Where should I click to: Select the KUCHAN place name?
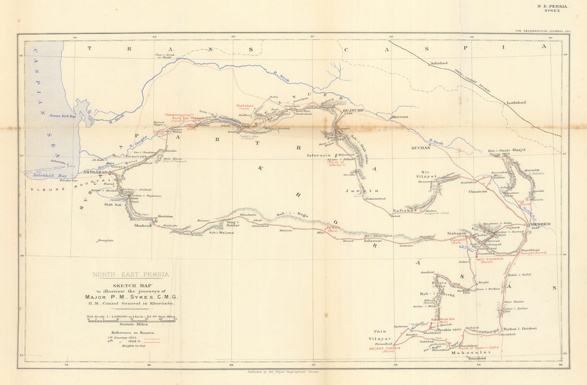coord(421,147)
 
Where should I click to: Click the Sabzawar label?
coord(373,241)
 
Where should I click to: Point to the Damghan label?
coord(106,241)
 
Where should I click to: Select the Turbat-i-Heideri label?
coord(519,328)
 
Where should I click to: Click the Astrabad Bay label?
coord(43,175)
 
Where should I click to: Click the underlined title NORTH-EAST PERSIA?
coord(131,274)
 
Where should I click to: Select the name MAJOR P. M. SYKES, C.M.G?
coord(131,297)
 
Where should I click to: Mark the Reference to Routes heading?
coord(130,332)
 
